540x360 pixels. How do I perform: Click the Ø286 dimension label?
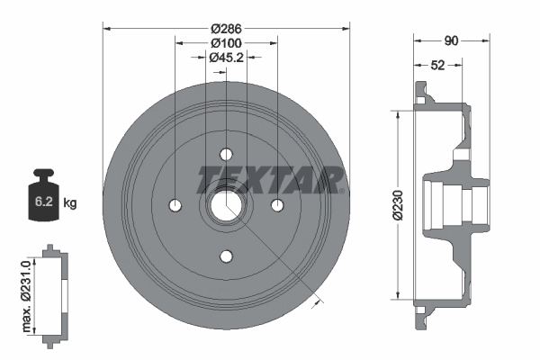[x=225, y=27]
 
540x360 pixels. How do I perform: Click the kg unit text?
[x=71, y=203]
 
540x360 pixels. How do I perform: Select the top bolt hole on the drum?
[x=225, y=153]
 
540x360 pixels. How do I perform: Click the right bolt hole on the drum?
[x=277, y=205]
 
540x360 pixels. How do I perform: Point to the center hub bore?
[x=225, y=205]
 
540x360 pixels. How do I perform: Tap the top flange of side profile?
[x=421, y=93]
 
